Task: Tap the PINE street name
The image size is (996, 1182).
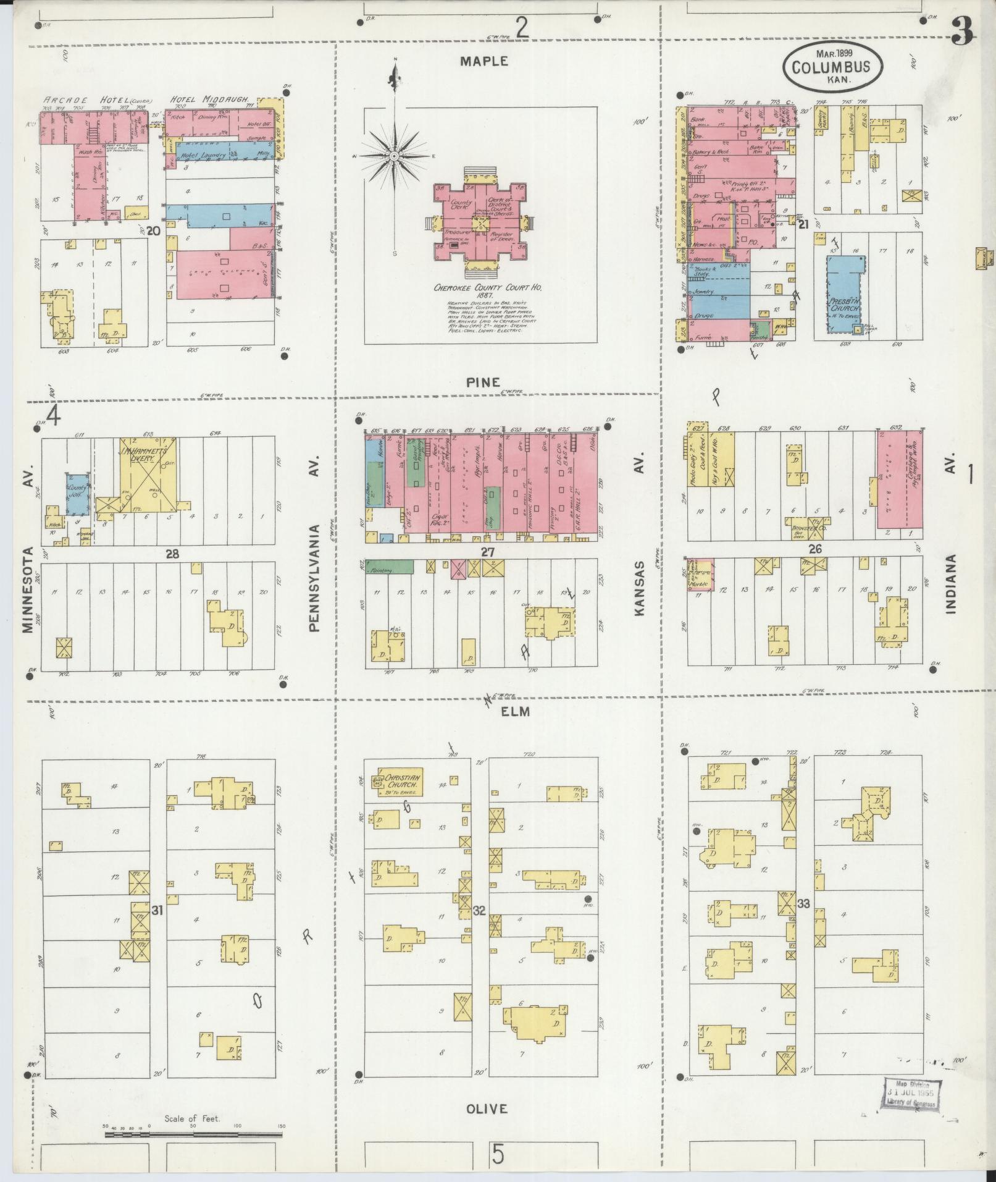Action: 483,382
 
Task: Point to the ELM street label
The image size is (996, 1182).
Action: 515,712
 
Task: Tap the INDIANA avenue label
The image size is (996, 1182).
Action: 951,584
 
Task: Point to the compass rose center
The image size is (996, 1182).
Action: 394,156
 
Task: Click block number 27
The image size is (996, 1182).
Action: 488,552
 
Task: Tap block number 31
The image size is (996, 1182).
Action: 157,910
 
